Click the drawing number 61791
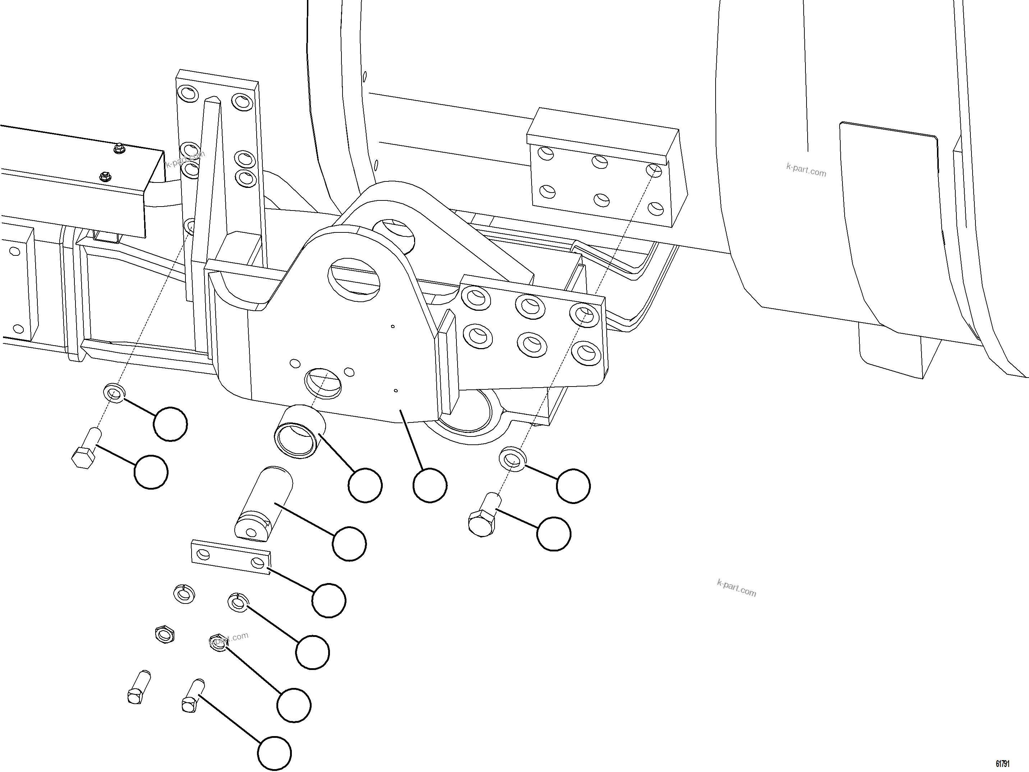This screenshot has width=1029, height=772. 1002,764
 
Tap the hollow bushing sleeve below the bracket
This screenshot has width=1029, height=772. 300,431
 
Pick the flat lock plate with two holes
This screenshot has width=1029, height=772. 231,557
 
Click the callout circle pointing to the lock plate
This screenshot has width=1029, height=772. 329,600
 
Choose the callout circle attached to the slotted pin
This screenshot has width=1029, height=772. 349,544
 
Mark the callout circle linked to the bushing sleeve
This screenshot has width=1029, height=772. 365,486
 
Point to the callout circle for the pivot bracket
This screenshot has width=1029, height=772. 430,486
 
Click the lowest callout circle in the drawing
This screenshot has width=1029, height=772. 275,753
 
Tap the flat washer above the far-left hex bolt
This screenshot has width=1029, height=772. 114,393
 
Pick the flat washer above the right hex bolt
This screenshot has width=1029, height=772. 513,459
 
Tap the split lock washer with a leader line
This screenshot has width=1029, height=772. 238,603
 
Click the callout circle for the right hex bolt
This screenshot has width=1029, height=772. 553,534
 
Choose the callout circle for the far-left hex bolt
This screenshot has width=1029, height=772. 151,472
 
